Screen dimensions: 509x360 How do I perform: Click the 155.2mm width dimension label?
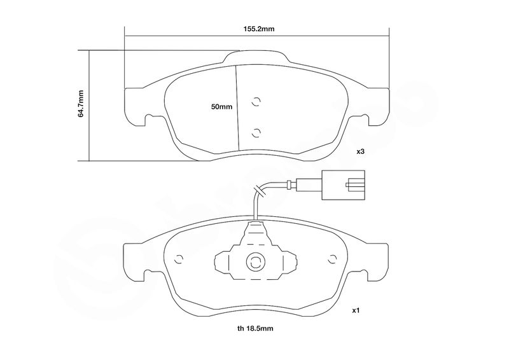259,29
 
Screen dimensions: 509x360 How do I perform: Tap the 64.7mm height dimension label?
81,104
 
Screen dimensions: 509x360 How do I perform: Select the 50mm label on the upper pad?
221,106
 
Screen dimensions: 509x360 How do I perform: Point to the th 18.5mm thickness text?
255,328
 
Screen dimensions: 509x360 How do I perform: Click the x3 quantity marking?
361,151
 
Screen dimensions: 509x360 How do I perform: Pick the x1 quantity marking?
356,310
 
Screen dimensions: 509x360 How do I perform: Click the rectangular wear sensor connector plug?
344,184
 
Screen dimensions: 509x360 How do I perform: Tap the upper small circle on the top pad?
256,102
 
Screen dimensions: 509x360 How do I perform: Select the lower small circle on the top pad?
256,132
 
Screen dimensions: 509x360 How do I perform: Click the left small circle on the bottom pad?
179,259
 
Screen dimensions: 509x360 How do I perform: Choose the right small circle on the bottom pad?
332,259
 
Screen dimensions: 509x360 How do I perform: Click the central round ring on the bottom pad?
256,261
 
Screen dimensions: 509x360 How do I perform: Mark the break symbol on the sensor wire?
260,190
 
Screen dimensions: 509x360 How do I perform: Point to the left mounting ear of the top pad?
134,106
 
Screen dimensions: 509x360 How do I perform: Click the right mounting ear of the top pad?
379,106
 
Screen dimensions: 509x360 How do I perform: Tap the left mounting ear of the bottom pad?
133,262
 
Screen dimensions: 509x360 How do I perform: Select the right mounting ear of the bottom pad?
379,262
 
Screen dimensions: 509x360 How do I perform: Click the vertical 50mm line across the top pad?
237,107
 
